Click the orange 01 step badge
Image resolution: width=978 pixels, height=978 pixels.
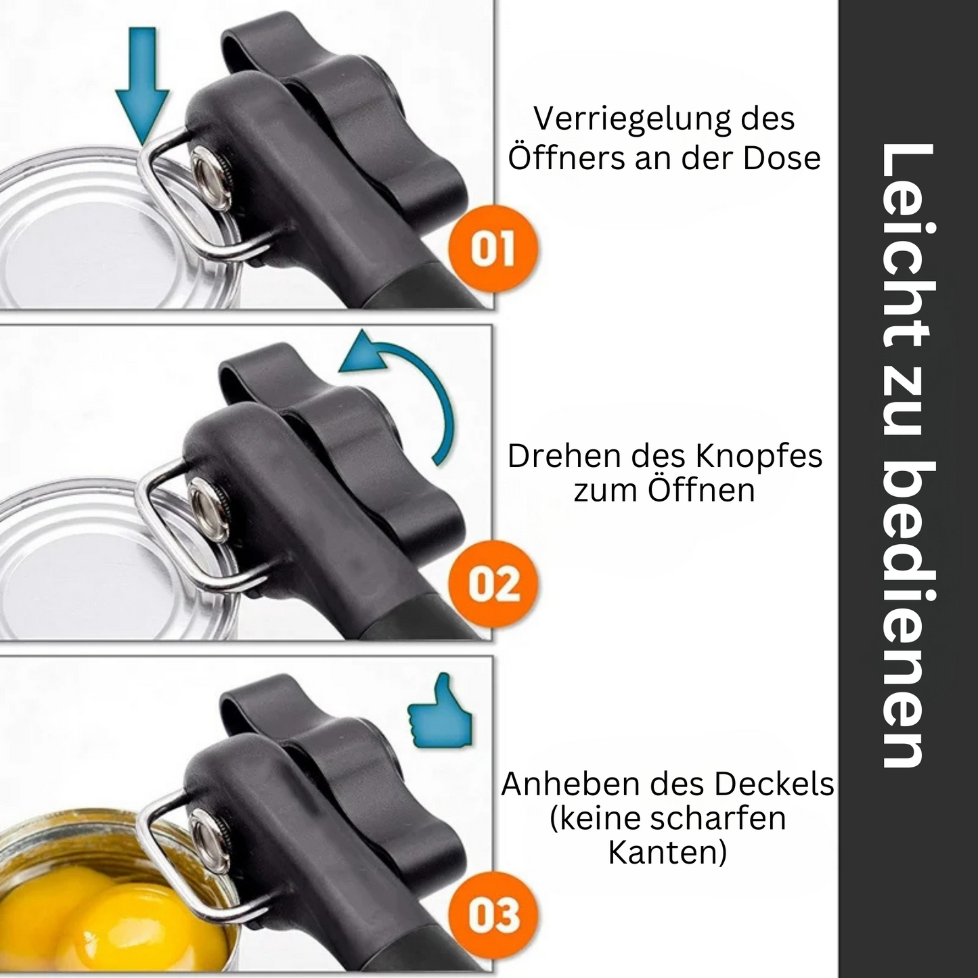pos(492,250)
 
